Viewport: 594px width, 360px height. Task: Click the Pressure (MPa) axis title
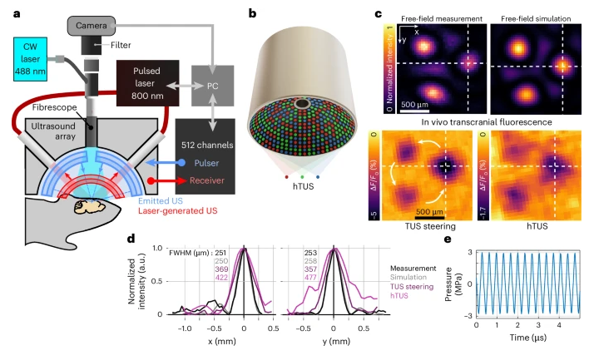click(459, 280)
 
